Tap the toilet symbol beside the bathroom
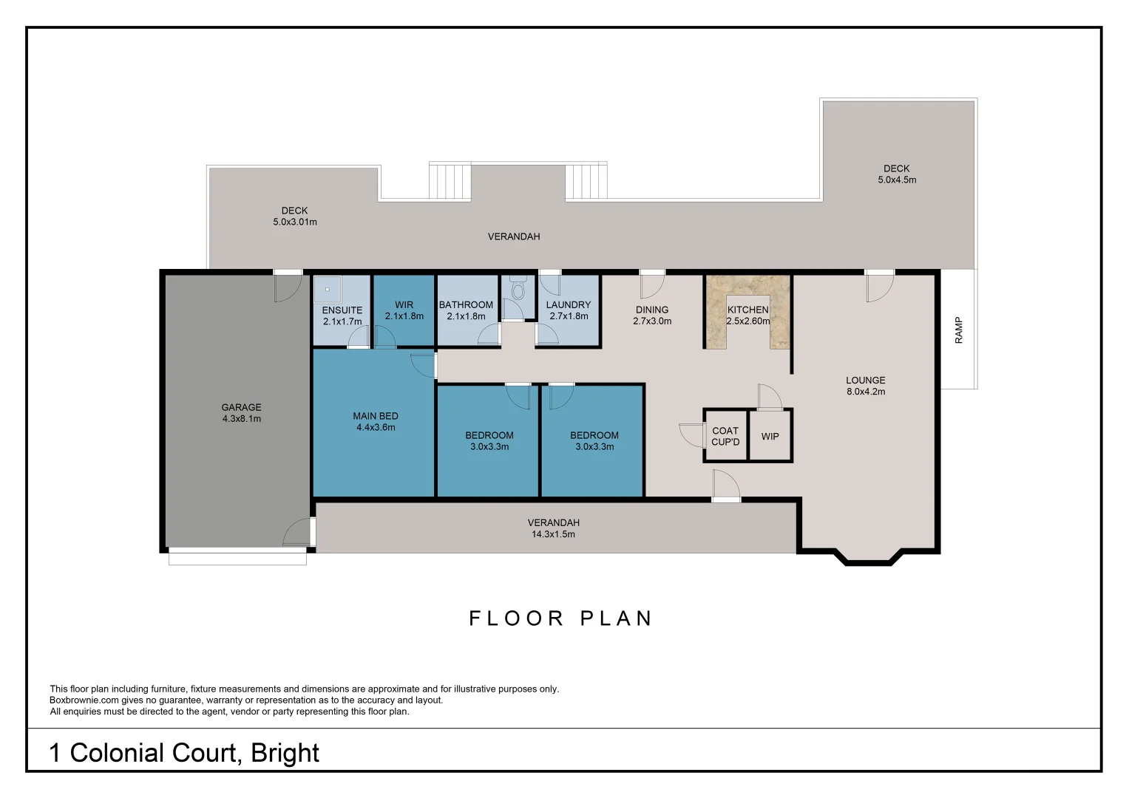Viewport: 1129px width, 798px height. coord(517,290)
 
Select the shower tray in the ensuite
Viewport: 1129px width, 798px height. coord(328,289)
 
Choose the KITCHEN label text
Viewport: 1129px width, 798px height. coord(747,310)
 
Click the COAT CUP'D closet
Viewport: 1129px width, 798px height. coord(725,436)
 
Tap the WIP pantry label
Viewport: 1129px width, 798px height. coord(770,436)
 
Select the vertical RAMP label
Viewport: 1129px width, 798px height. coord(959,330)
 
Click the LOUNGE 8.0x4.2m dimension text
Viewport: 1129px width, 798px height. coord(866,392)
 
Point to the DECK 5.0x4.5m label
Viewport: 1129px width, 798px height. coord(896,174)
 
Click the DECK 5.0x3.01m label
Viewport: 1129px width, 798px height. coord(294,216)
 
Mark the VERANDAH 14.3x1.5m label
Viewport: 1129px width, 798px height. coord(553,528)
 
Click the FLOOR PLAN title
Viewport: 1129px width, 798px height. coord(561,618)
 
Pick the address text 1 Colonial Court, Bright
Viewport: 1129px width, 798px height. coord(184,752)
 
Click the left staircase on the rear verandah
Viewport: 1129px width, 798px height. coord(450,181)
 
